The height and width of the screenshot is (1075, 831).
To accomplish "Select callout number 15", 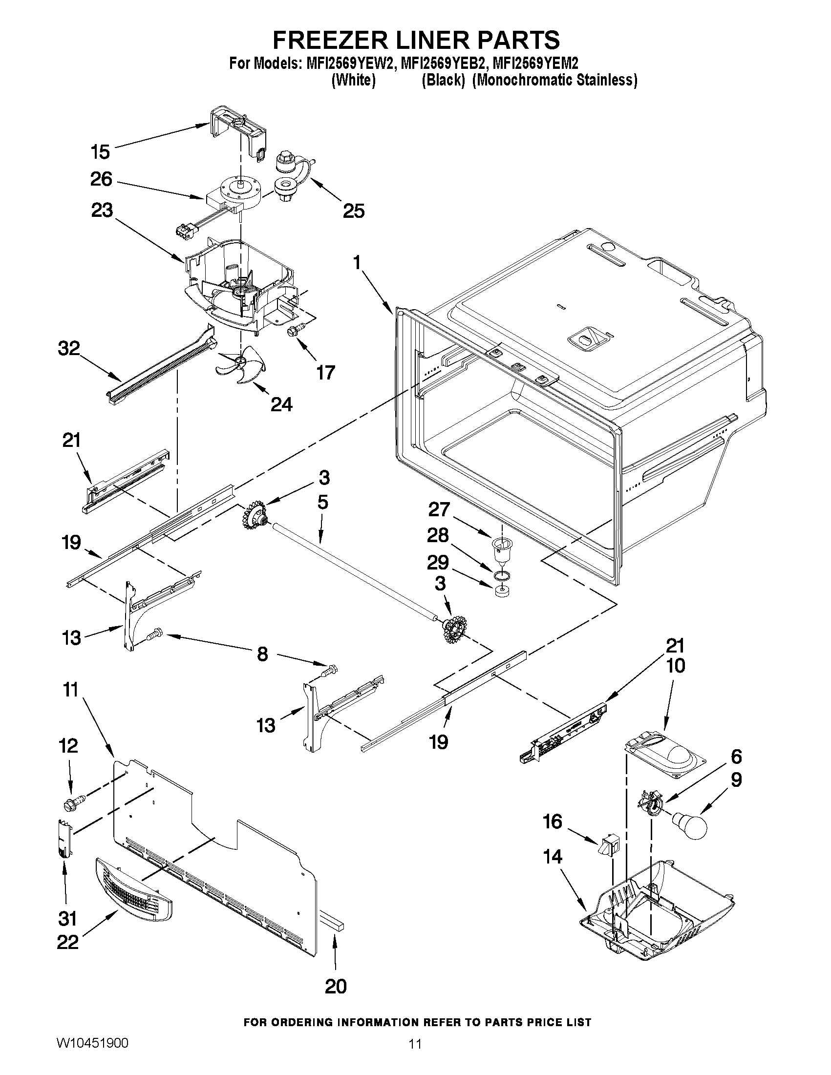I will click(x=100, y=151).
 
